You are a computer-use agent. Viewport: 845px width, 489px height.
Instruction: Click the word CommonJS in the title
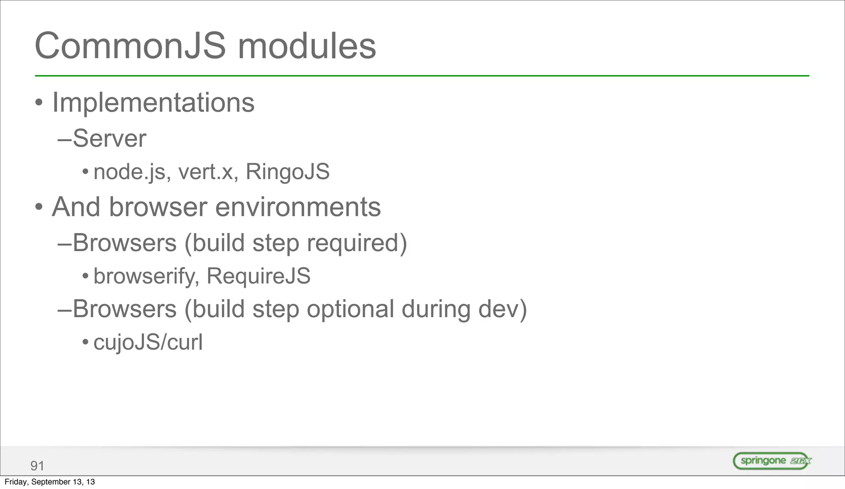click(x=130, y=46)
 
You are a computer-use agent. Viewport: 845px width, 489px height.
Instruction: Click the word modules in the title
click(x=307, y=46)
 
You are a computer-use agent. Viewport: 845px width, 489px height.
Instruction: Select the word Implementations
click(x=153, y=103)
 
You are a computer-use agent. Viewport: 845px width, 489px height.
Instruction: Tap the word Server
click(x=109, y=139)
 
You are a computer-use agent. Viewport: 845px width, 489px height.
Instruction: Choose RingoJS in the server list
click(x=288, y=172)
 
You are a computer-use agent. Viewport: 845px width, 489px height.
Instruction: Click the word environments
click(x=298, y=207)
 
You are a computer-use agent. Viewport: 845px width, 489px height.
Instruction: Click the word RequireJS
click(x=258, y=276)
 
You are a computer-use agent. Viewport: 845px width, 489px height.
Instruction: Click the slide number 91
click(x=37, y=466)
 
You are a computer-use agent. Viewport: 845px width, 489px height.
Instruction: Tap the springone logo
click(x=772, y=461)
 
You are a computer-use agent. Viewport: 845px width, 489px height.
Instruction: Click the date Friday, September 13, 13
click(x=50, y=482)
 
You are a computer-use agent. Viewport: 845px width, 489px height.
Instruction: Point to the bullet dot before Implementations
click(x=39, y=103)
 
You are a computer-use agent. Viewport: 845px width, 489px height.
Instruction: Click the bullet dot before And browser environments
click(x=39, y=207)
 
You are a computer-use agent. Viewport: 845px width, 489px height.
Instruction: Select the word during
click(x=436, y=309)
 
